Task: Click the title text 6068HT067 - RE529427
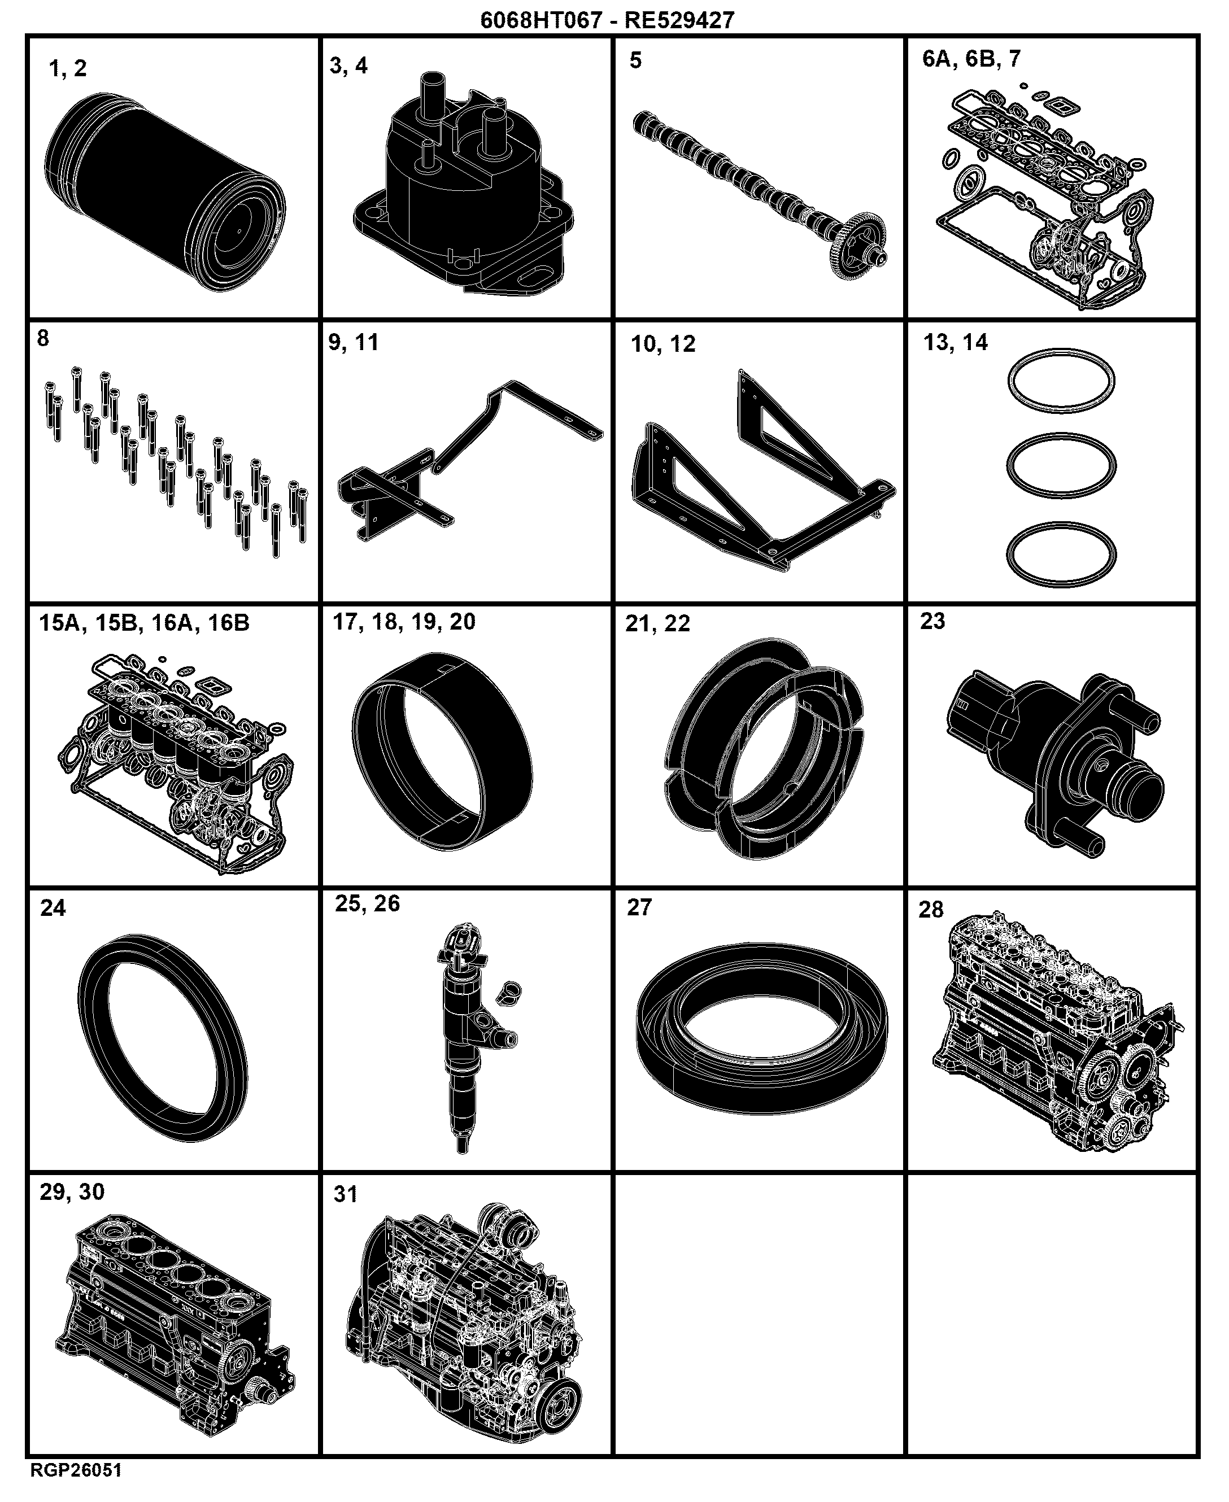[607, 20]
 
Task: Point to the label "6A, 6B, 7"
[971, 59]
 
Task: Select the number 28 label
[931, 910]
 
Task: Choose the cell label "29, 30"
[72, 1192]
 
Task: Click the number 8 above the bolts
[43, 339]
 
